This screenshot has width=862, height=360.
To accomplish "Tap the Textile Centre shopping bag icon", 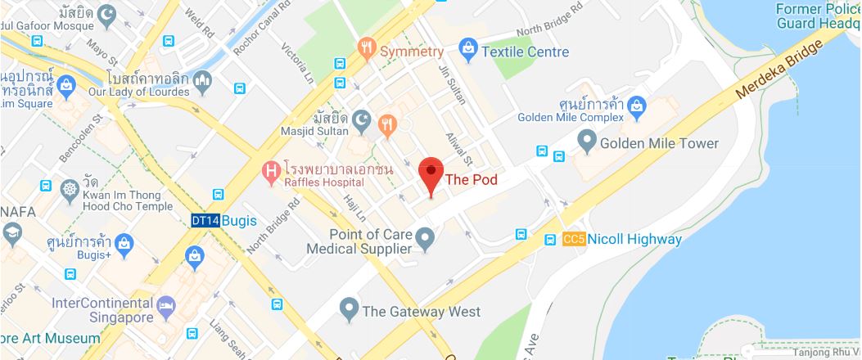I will (x=467, y=51).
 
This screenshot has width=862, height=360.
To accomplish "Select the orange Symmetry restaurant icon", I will (x=367, y=51).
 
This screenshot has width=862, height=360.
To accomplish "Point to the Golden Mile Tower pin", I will (x=586, y=142).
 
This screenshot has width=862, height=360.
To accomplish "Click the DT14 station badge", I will (x=205, y=220).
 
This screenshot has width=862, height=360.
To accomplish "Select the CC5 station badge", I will (x=572, y=239).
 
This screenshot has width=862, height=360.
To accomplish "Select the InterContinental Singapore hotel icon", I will (x=166, y=306).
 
